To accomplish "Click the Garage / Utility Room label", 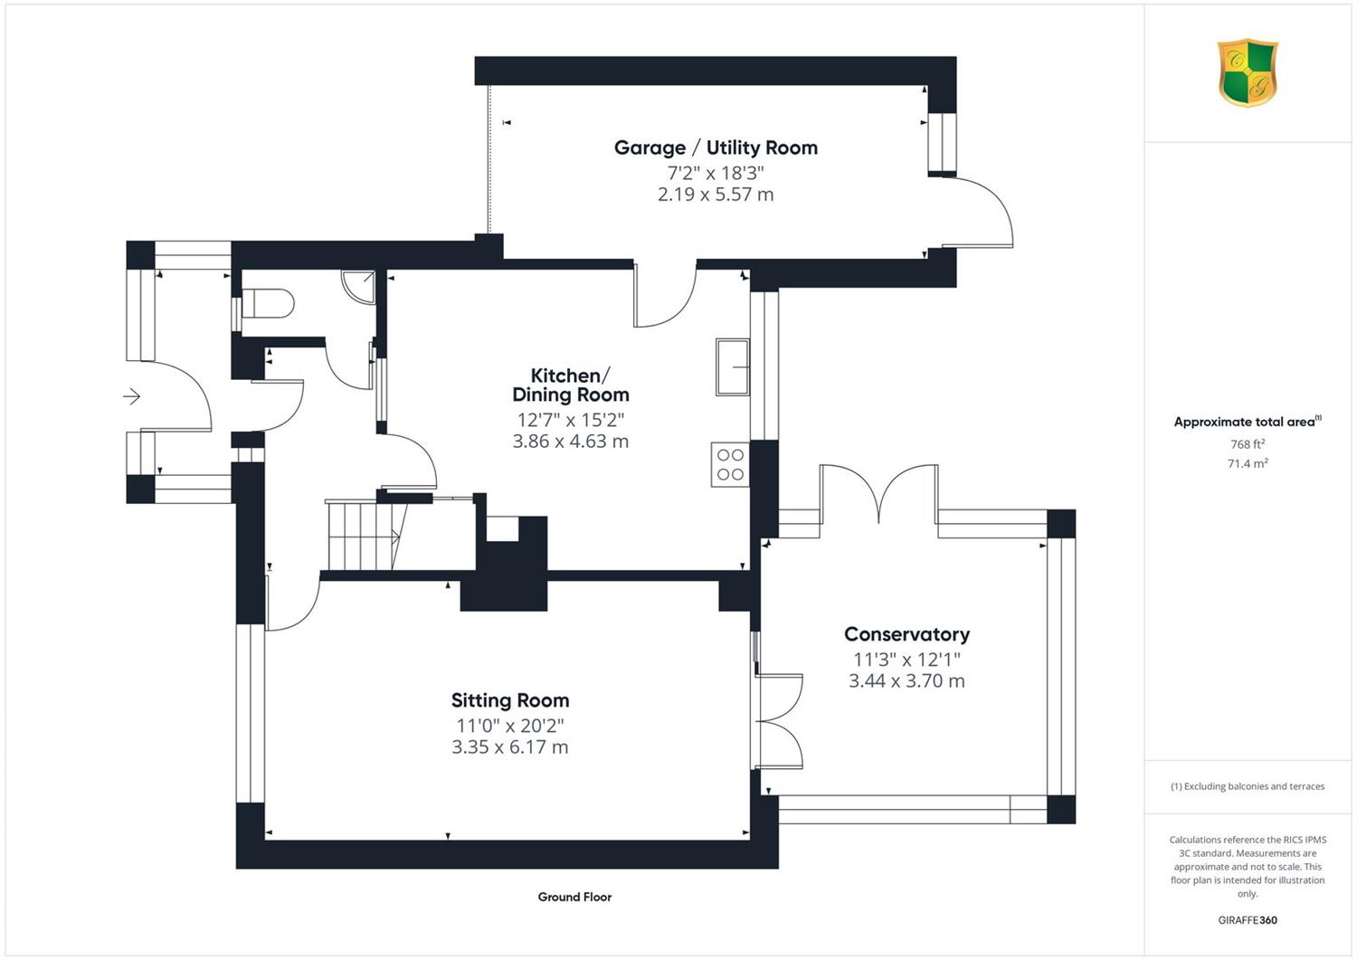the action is click(716, 147).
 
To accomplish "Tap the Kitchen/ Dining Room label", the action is click(571, 385).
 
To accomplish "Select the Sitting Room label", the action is click(510, 700).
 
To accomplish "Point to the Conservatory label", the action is click(906, 634).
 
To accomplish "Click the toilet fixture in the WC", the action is click(268, 303).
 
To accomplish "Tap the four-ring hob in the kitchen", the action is click(730, 463).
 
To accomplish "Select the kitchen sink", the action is click(733, 367).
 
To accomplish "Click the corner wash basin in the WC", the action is click(358, 286).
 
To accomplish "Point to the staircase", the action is click(367, 536).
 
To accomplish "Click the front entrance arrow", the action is click(131, 397).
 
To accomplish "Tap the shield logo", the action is click(1248, 72).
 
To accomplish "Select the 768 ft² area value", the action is click(1248, 444).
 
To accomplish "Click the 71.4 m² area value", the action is click(1248, 463).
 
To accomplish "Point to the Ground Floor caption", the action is click(574, 897).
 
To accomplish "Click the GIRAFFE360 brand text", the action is click(1248, 920).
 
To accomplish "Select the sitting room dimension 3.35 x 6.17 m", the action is click(510, 746).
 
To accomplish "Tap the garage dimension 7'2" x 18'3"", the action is click(716, 174).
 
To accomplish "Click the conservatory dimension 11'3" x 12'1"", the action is click(906, 660).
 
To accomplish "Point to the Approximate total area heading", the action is click(1248, 422).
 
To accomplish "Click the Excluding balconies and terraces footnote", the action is click(1248, 786).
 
